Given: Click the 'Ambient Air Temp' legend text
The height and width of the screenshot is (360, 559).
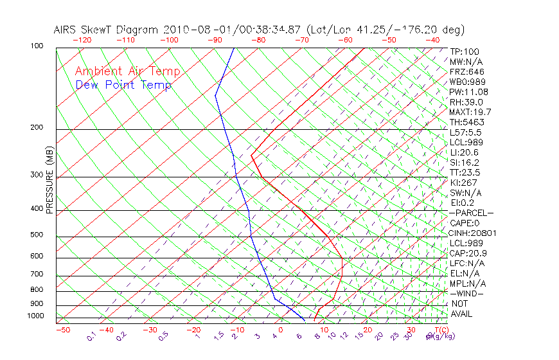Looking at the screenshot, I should click(x=127, y=71).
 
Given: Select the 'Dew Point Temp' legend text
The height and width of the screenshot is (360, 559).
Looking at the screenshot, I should click(x=123, y=85).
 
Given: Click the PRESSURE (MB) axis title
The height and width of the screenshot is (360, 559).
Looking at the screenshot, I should click(x=49, y=181).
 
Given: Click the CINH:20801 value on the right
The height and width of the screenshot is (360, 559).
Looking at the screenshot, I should click(x=473, y=233).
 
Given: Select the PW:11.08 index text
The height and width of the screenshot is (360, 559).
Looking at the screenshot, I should click(x=469, y=92).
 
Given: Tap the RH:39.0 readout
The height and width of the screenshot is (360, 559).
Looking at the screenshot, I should click(x=466, y=102).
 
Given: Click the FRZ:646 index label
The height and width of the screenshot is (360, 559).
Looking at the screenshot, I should click(x=467, y=72).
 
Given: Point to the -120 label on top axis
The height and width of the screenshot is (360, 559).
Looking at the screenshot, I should click(x=82, y=40).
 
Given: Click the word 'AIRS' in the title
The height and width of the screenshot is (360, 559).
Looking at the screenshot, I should click(x=66, y=30).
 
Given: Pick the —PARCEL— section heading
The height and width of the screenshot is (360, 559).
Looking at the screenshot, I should click(x=471, y=213).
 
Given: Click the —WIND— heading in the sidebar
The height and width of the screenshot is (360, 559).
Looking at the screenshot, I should click(x=466, y=293).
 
